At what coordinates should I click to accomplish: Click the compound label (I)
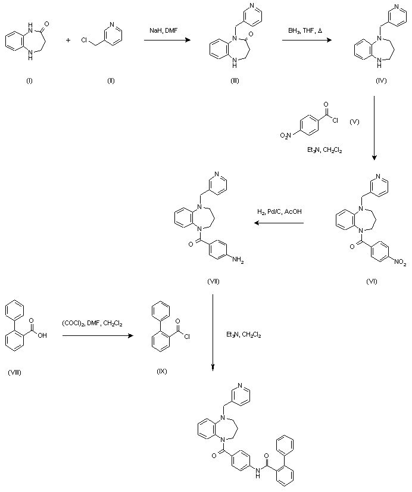[29, 80]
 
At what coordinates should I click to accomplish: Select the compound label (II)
[111, 80]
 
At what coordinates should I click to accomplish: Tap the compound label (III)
[235, 80]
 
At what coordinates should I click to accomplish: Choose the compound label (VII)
[215, 280]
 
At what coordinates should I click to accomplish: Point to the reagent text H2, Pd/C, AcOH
[279, 213]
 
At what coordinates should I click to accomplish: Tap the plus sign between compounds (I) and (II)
[69, 41]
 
